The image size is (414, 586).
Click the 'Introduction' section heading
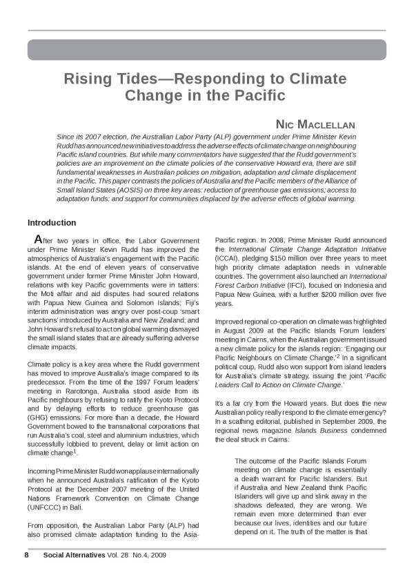pos(52,223)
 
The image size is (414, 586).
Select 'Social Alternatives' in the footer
pos(74,555)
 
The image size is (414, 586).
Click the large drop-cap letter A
pos(38,239)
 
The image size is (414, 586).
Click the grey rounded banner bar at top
pos(207,50)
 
